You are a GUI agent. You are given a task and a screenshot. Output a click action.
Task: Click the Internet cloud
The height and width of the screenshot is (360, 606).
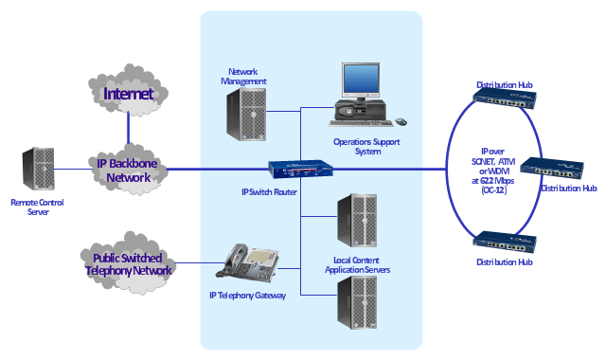128,91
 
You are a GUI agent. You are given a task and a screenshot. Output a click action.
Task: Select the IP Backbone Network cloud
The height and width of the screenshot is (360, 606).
128,170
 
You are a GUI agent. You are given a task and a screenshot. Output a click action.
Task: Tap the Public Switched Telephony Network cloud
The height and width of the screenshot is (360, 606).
128,263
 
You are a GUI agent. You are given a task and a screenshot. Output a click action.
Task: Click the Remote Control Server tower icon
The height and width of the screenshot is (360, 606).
38,169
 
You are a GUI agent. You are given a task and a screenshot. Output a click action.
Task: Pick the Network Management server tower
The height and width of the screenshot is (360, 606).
246,114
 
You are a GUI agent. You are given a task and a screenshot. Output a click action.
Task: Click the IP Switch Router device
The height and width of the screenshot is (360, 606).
301,169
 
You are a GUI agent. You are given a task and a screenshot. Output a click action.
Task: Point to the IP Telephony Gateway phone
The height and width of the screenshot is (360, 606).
248,262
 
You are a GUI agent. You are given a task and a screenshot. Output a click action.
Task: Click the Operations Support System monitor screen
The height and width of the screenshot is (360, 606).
361,79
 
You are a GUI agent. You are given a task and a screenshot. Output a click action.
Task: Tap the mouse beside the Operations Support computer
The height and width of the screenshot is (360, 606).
401,122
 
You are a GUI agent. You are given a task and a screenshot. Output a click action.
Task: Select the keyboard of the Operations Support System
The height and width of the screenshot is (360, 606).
361,123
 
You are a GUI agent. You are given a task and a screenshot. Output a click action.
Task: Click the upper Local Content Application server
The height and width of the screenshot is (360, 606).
357,221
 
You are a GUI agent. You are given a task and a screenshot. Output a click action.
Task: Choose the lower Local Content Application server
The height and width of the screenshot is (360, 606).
357,302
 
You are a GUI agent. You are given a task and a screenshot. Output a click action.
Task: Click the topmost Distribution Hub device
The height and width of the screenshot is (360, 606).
505,99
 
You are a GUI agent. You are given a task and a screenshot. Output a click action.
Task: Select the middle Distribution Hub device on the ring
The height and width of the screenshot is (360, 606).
552,169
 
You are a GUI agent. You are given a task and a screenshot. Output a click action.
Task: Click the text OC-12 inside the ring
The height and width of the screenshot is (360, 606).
494,190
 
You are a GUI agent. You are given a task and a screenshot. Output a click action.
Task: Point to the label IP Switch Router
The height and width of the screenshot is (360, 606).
269,191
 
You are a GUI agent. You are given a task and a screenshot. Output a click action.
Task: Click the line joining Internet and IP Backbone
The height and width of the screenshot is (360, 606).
128,130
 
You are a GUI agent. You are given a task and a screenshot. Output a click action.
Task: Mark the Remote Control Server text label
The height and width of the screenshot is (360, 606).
38,207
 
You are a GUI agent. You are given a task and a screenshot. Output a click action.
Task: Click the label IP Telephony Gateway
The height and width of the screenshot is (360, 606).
247,296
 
